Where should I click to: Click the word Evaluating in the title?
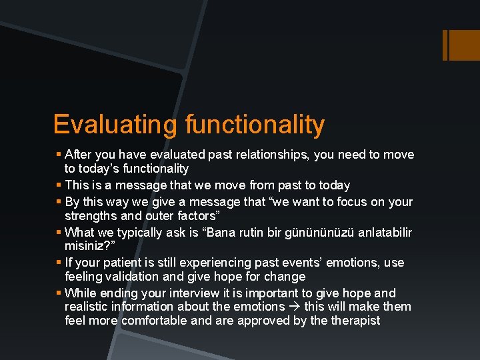point(115,125)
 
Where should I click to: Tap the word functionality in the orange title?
point(255,125)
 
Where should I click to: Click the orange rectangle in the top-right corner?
point(461,45)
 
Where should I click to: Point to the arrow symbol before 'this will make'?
point(294,307)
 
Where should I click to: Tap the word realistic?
point(87,307)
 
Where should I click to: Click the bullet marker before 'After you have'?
point(59,155)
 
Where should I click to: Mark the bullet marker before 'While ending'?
point(59,293)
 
